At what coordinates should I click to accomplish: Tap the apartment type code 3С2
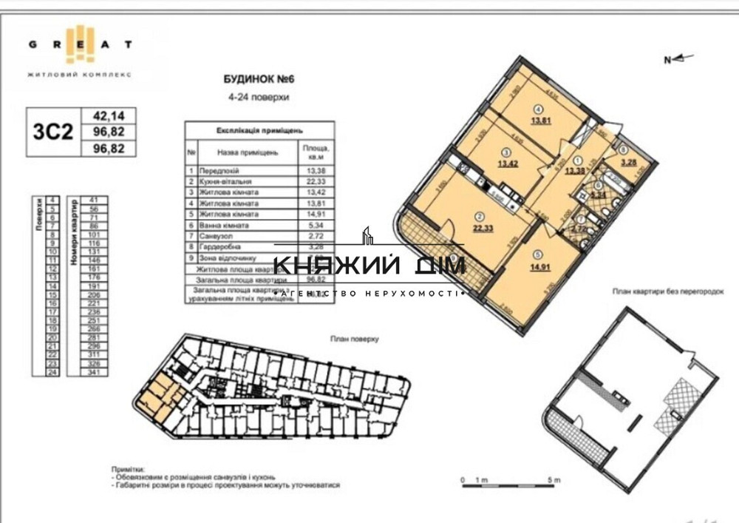[54, 132]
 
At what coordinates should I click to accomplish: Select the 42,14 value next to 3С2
[108, 116]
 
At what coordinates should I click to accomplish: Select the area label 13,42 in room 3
[507, 163]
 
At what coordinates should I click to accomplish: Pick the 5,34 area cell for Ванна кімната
[314, 225]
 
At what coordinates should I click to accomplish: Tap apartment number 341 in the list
[93, 373]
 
